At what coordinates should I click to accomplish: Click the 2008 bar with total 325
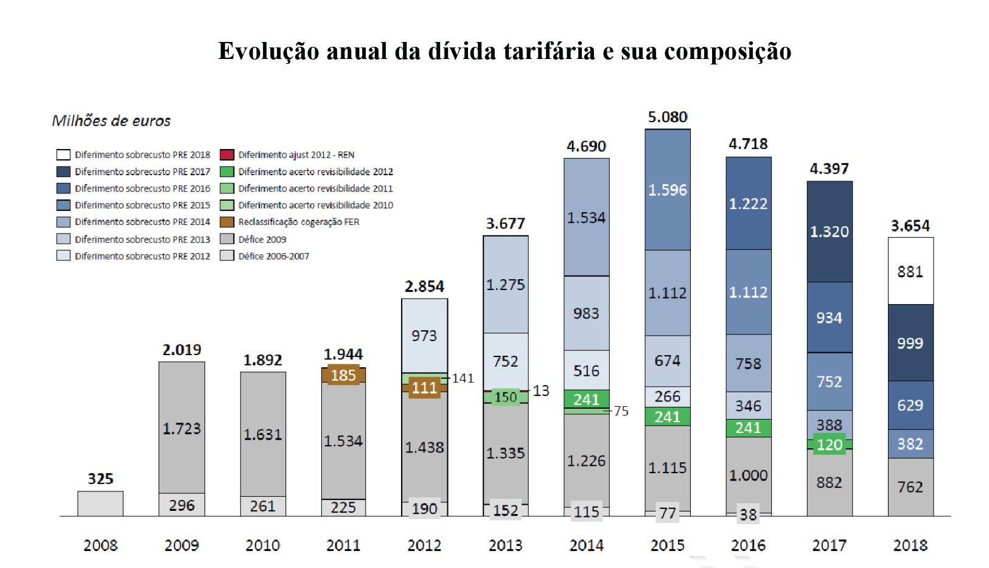[100, 504]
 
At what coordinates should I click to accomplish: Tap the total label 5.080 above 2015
[667, 117]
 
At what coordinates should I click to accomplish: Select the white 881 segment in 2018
[910, 271]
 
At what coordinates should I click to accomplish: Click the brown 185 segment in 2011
[343, 375]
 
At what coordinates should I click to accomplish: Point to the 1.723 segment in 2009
[181, 428]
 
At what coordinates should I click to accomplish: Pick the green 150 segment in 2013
[505, 397]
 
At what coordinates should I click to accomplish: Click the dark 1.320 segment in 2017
[829, 232]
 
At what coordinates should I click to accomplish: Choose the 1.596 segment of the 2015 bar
[667, 190]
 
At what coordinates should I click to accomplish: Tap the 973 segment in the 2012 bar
[424, 336]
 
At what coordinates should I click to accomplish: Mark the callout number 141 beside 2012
[463, 378]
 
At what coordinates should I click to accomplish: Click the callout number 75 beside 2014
[621, 411]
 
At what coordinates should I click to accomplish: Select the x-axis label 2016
[748, 545]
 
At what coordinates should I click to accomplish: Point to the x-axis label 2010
[262, 545]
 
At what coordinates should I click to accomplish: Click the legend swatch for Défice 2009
[227, 239]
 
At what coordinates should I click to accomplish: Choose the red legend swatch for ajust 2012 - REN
[227, 154]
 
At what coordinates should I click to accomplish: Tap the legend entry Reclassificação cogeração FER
[298, 222]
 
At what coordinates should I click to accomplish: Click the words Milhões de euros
[111, 121]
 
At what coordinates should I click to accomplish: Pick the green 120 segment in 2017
[829, 445]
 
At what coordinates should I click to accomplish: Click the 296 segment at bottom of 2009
[181, 505]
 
